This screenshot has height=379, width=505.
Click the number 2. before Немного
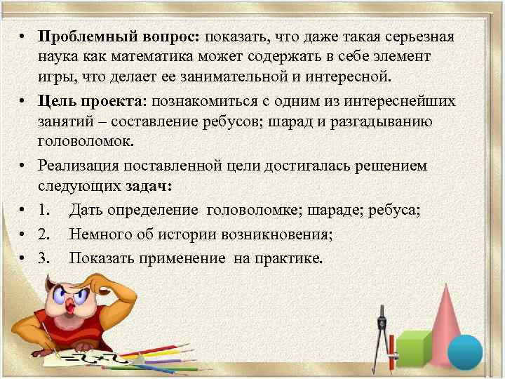[x=45, y=235]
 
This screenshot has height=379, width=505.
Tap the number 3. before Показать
[x=45, y=258]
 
